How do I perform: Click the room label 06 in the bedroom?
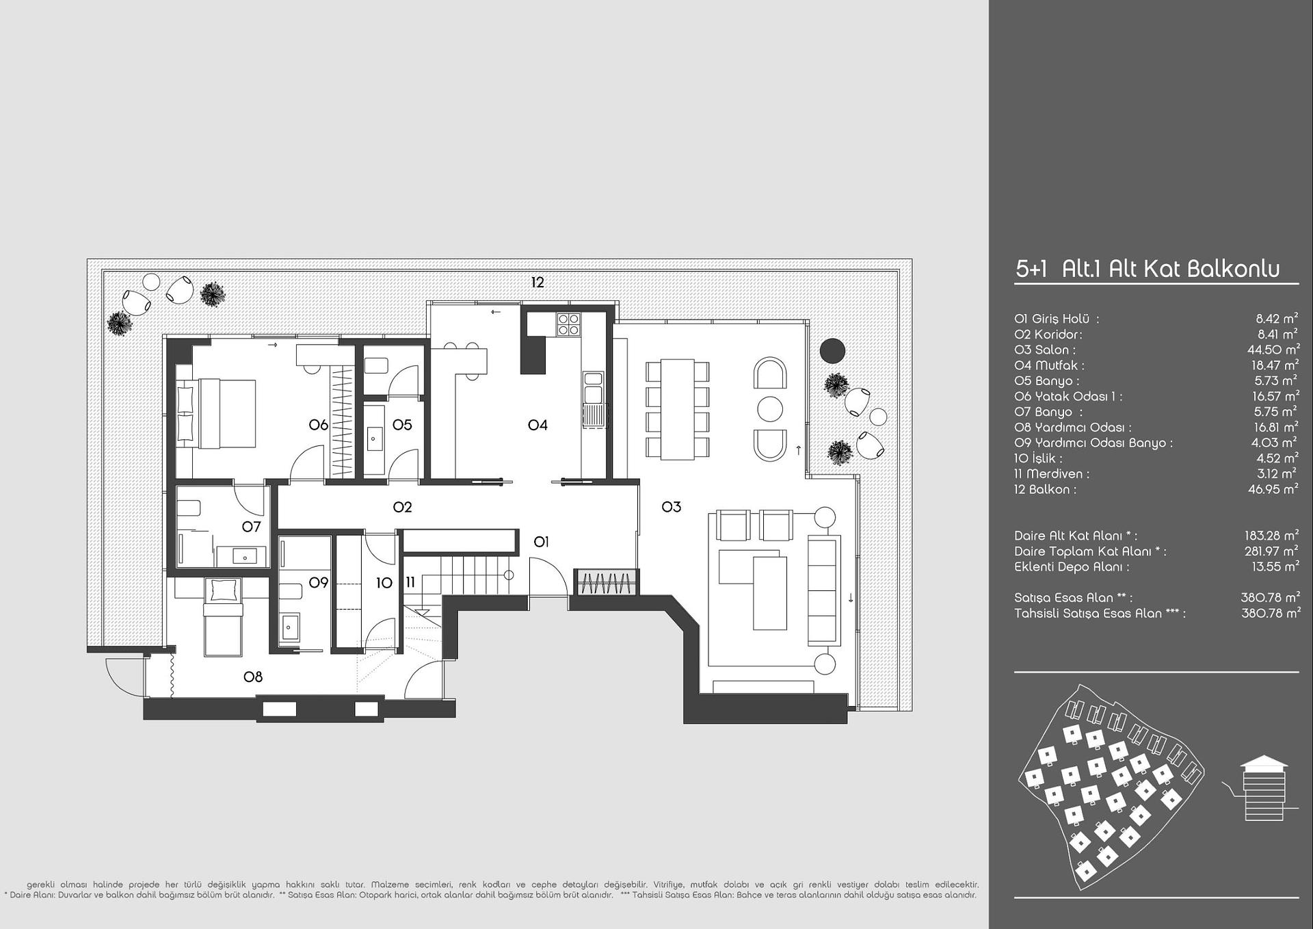click(319, 425)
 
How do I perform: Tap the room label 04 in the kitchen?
click(538, 425)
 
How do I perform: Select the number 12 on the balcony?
click(538, 282)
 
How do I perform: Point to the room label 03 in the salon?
click(672, 507)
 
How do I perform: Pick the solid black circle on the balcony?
click(832, 351)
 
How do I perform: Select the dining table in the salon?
click(678, 409)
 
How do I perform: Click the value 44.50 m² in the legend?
click(1273, 349)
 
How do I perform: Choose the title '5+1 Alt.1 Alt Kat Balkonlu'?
click(1148, 269)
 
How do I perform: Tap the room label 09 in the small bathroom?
click(319, 583)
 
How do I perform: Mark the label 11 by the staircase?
click(410, 583)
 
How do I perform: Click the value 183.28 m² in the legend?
click(1271, 535)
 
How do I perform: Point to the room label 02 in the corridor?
click(403, 507)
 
